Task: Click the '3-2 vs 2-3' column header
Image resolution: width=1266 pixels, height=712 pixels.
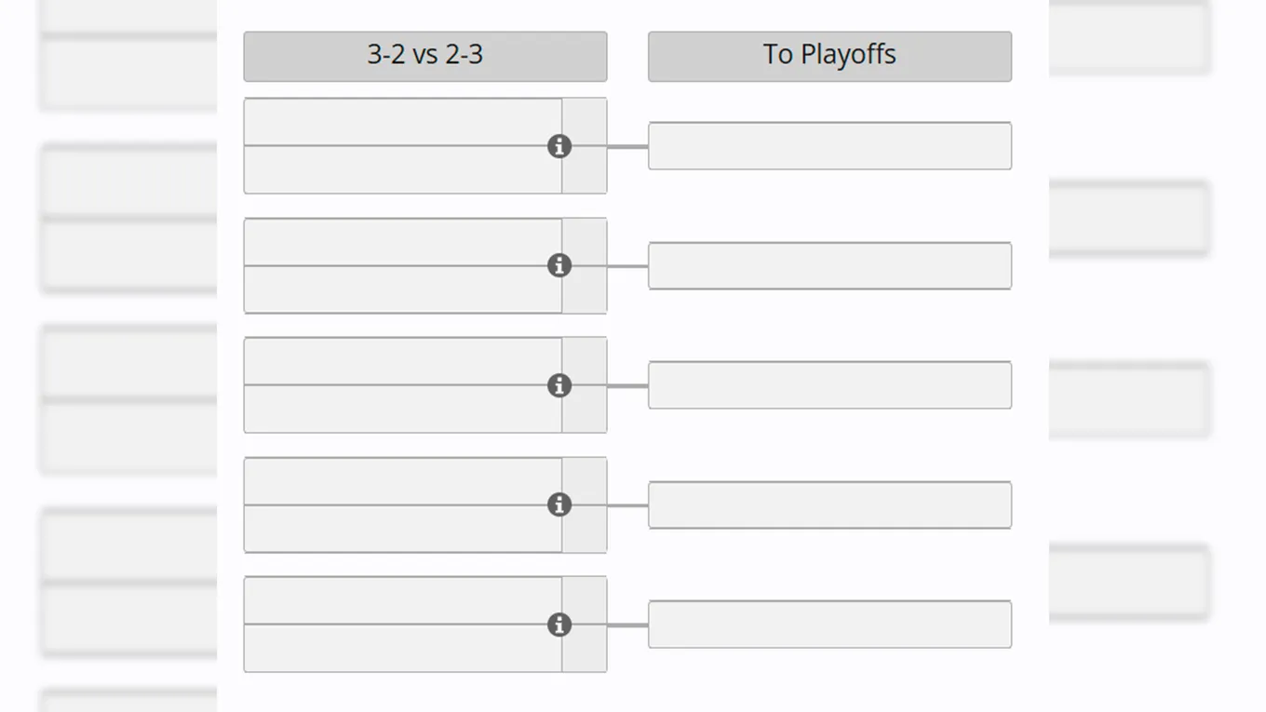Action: [x=425, y=56]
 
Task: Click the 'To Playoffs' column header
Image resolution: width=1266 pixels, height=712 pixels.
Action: [x=829, y=56]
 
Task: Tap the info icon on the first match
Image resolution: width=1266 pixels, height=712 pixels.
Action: [x=559, y=146]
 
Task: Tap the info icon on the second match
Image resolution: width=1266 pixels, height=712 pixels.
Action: [x=559, y=265]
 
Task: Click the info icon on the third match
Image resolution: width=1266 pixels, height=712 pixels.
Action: [x=559, y=385]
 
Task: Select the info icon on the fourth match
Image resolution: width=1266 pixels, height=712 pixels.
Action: [x=559, y=504]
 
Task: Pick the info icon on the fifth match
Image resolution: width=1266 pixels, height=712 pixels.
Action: [x=559, y=625]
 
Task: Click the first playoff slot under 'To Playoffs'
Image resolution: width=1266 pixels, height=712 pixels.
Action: [x=829, y=146]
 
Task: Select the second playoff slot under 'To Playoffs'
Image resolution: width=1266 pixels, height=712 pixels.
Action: [x=829, y=265]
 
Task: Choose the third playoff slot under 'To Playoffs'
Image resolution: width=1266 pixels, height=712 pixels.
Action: [x=829, y=384]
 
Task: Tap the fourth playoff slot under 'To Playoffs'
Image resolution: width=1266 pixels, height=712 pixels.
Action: [x=829, y=504]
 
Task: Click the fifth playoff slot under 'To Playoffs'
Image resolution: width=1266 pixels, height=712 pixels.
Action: [x=829, y=624]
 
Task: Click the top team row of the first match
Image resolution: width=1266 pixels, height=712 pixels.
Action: [x=402, y=122]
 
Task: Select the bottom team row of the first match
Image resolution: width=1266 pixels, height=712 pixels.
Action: [x=402, y=170]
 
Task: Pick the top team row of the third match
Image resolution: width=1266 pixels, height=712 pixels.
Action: [x=402, y=361]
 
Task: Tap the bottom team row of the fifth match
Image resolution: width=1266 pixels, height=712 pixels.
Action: [x=402, y=649]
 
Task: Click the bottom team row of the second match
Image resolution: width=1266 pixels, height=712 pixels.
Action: [x=402, y=289]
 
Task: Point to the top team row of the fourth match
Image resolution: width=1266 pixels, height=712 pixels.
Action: [x=402, y=480]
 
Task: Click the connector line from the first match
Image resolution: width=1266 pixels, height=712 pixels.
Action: [x=628, y=146]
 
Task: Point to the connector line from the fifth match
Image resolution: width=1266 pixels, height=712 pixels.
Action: [x=628, y=625]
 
